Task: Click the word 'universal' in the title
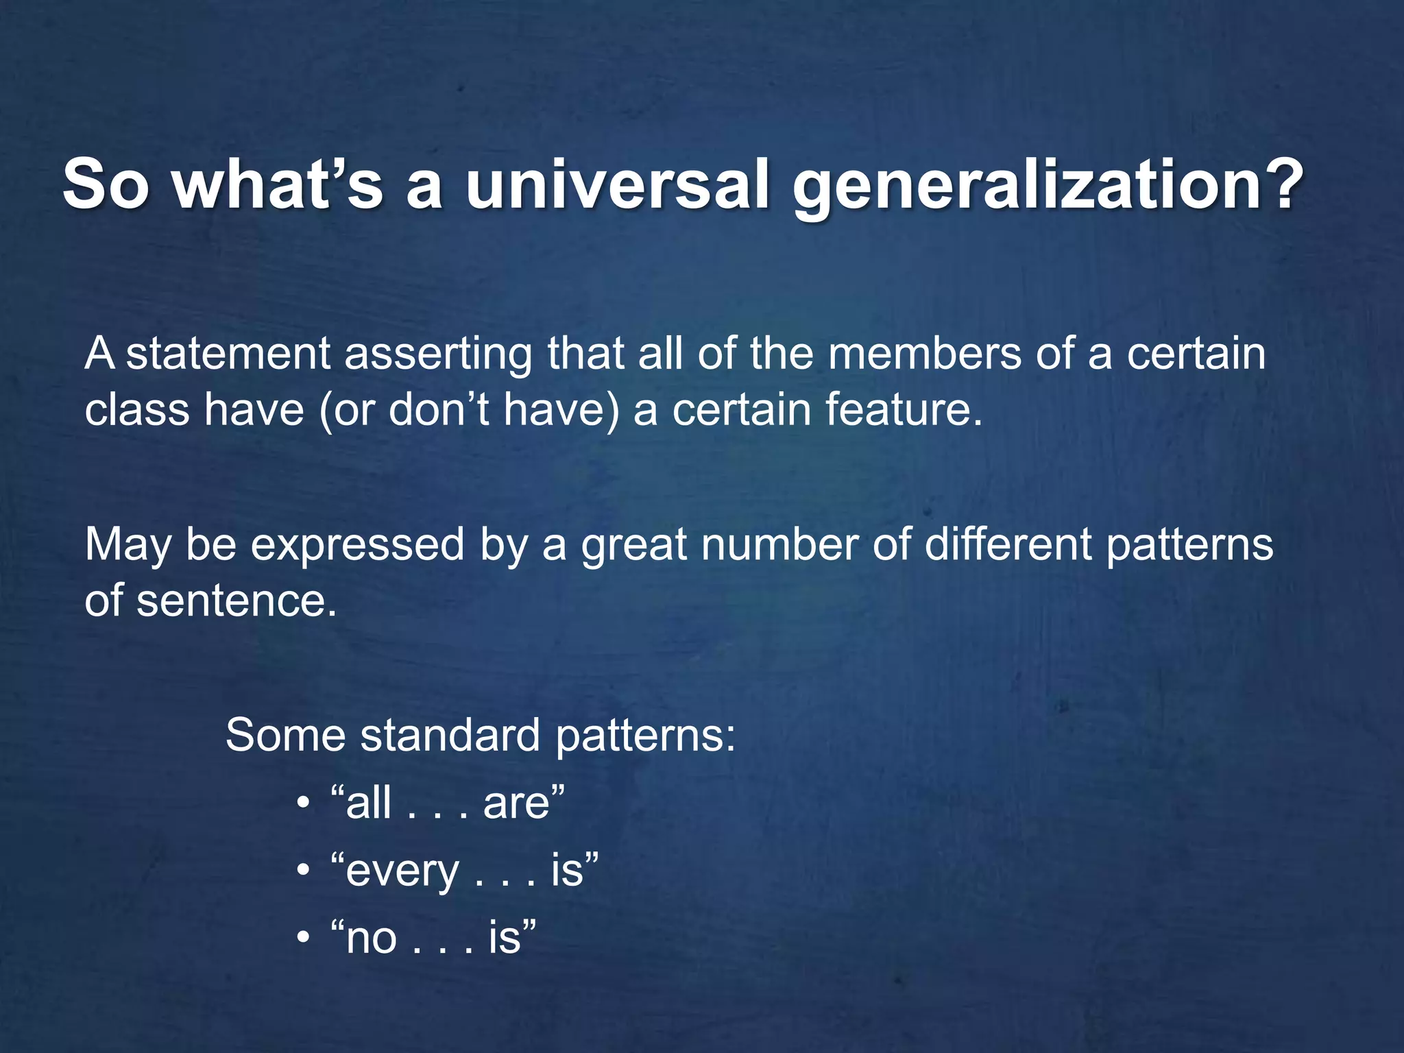(617, 185)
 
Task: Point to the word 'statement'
(228, 354)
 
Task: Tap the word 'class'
(136, 410)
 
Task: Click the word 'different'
(1008, 545)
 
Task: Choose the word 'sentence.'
(237, 601)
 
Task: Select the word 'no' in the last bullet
(371, 939)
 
